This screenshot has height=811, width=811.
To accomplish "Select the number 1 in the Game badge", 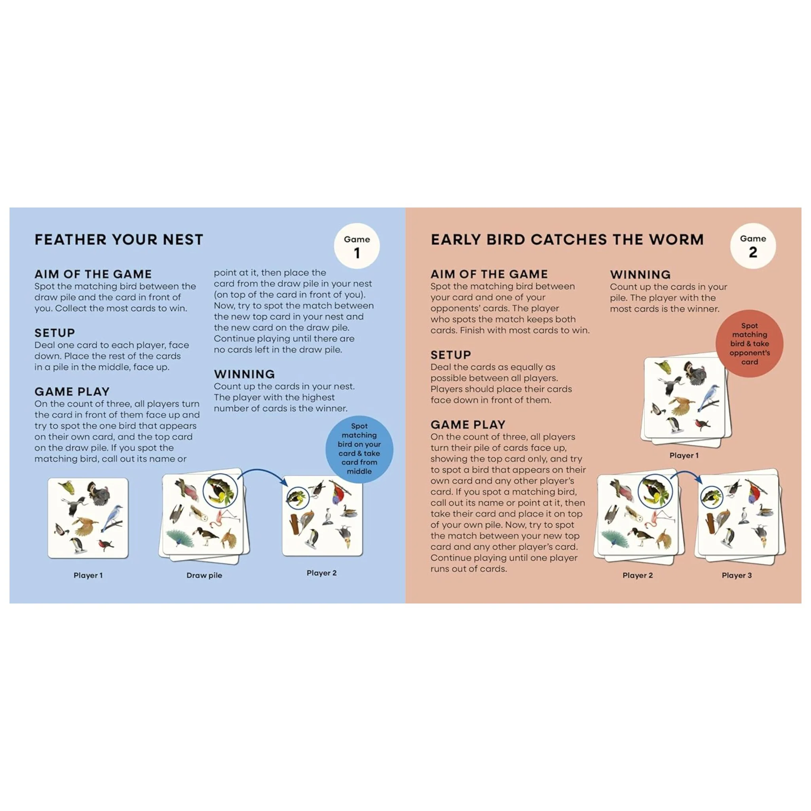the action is [357, 253].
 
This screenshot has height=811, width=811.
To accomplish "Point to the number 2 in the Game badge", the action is [753, 252].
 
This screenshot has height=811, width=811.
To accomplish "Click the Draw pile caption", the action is [204, 575].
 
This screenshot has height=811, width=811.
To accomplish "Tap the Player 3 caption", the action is [737, 575].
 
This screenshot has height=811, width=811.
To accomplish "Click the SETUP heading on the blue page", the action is [55, 333].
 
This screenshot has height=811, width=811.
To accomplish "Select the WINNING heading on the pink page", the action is [640, 274].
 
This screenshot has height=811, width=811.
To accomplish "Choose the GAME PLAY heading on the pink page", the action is [468, 425].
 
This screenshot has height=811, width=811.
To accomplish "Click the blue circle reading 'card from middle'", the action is [359, 449].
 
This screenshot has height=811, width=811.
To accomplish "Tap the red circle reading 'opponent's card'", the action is [749, 343].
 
